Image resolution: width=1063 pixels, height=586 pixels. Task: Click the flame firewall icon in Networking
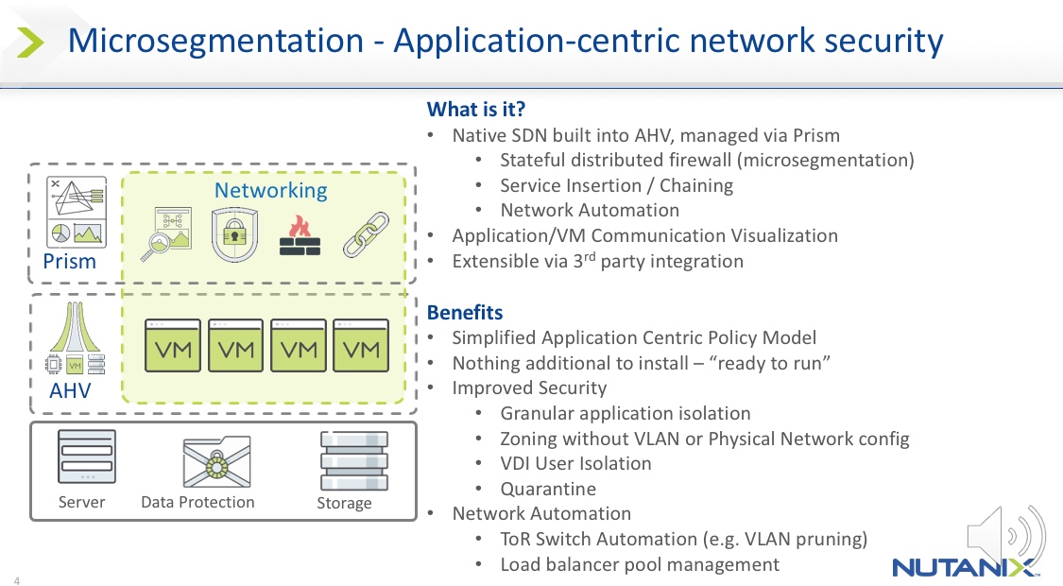coord(300,235)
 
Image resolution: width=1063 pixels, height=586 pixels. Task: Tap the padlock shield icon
coord(235,235)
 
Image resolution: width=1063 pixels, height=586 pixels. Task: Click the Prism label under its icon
coord(70,261)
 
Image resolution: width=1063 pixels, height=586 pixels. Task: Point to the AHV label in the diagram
coord(70,389)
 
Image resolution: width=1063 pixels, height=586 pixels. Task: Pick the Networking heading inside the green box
coord(270,190)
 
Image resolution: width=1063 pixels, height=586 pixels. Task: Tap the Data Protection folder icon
coord(216,461)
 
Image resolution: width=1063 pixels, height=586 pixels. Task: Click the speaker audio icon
coord(1004,536)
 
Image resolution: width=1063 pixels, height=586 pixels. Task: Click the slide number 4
coord(17,579)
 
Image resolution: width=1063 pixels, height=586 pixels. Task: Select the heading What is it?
coord(476,110)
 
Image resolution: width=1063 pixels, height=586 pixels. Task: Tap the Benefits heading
coord(465,312)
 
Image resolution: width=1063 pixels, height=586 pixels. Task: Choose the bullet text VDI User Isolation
coord(575,463)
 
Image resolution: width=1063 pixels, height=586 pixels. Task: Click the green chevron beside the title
coord(31,42)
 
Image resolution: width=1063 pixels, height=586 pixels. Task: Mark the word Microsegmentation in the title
coord(215,42)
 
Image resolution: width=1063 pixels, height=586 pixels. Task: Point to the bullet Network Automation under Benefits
coord(541,513)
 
